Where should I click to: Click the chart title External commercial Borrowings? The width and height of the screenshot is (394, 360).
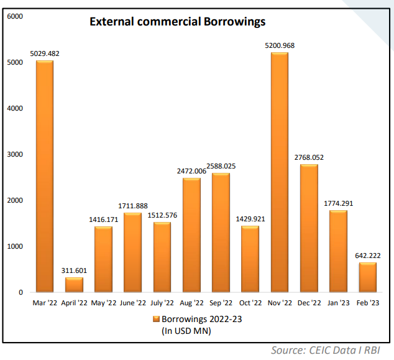pos(177,22)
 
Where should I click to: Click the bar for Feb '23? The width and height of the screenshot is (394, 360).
pos(367,277)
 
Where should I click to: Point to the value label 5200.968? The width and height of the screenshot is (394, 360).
pos(279,45)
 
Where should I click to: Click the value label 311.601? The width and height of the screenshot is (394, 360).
pos(74,270)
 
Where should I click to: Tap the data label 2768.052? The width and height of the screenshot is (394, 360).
pos(309,157)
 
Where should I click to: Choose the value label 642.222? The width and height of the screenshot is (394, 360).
pos(367,255)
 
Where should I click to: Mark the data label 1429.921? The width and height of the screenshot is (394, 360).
pos(250,219)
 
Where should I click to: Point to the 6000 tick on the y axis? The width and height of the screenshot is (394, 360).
pos(15,16)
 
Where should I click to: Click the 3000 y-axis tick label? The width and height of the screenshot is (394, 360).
pos(15,154)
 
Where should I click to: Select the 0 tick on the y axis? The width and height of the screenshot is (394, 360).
pos(21,292)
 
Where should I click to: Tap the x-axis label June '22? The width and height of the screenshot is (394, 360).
pos(132,303)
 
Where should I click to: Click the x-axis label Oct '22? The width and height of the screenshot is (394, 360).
pos(250,303)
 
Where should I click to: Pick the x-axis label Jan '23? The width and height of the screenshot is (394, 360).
pos(338,303)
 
